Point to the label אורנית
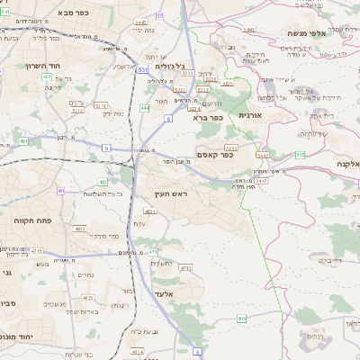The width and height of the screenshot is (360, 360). tap(249, 116)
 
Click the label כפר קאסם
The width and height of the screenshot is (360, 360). tap(214, 154)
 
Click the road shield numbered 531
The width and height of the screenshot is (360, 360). tap(144, 68)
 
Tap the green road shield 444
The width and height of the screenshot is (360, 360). tap(145, 108)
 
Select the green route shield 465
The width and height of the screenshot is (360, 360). tap(242, 318)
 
